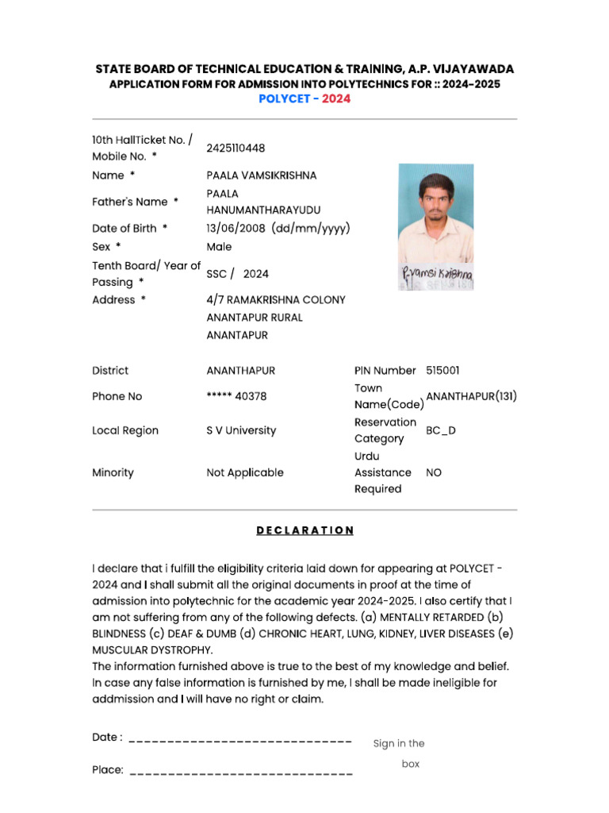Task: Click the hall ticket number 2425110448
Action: click(236, 148)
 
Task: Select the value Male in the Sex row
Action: click(219, 247)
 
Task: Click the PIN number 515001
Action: click(442, 371)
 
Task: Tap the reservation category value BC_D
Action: click(441, 430)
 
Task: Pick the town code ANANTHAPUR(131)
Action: click(471, 396)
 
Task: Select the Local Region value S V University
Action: click(241, 430)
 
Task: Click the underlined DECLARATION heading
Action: click(304, 530)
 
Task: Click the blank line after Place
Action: click(240, 771)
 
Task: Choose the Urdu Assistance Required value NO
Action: click(434, 472)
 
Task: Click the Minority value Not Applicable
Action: click(244, 472)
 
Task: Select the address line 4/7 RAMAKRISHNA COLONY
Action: click(276, 300)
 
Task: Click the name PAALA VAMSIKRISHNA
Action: click(261, 175)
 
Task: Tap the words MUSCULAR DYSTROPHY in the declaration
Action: click(152, 649)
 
